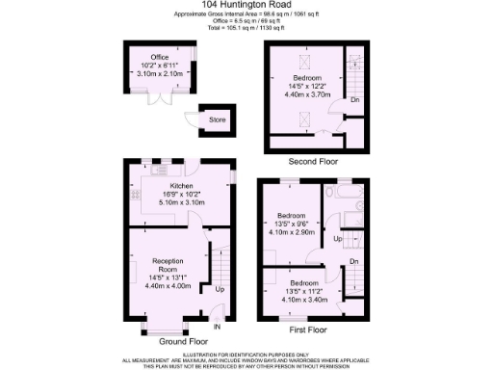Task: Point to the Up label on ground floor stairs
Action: [219, 288]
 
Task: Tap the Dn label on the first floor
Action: [353, 260]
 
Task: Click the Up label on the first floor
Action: [337, 238]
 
